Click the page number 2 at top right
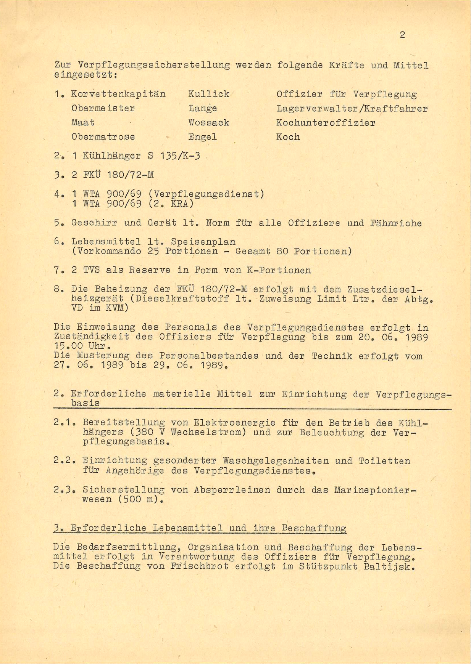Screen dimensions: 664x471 (x=402, y=35)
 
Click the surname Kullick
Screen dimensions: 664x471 (x=209, y=94)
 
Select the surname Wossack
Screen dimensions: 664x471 (x=209, y=123)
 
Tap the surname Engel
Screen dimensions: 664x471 (x=203, y=137)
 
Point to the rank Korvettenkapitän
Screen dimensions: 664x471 (x=118, y=94)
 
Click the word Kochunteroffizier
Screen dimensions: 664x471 (x=326, y=123)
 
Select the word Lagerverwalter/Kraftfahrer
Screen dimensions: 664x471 (x=352, y=108)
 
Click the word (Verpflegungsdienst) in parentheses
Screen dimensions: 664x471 (x=206, y=194)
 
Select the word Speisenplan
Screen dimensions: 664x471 (x=203, y=242)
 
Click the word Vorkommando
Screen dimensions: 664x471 (x=106, y=251)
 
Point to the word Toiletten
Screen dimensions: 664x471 (x=384, y=461)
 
